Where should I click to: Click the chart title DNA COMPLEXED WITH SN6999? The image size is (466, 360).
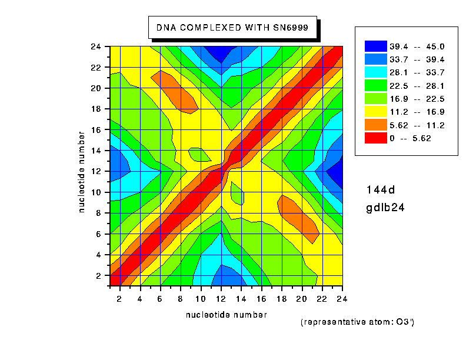pos(232,27)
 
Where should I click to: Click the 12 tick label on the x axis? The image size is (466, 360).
pos(221,299)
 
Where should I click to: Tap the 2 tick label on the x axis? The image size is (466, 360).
pos(120,299)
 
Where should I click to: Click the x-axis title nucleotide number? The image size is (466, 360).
pos(226,315)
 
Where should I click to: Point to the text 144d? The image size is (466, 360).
pos(381,189)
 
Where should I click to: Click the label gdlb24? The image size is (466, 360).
pos(385,208)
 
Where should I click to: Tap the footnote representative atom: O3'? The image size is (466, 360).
pos(361,322)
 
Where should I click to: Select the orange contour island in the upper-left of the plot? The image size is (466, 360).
pos(177,91)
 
